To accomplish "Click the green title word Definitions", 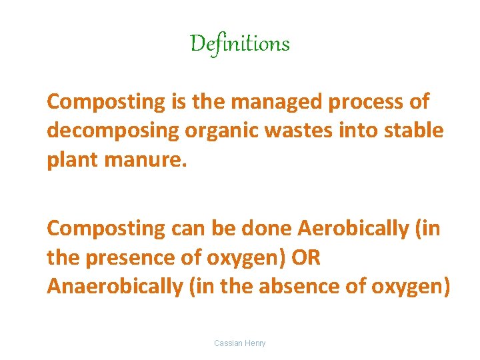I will coord(240,44).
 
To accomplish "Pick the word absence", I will coord(319,286).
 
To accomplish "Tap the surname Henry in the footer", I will coord(255,343).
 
